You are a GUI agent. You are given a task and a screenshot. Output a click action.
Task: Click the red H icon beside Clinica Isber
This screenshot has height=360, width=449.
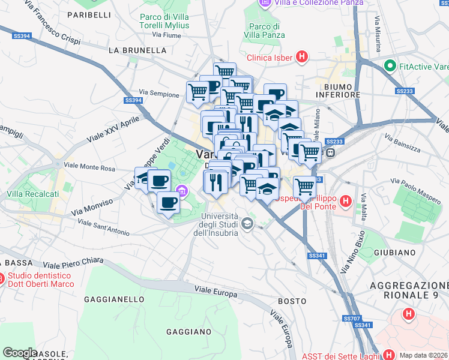(302, 58)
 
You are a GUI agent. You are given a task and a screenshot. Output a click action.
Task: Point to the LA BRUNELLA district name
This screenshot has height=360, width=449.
(137, 50)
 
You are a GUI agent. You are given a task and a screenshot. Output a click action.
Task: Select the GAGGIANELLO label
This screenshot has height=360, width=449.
(112, 298)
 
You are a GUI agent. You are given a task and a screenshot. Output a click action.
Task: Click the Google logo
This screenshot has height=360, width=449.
(19, 352)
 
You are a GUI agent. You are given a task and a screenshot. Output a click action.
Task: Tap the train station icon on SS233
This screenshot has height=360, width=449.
(331, 152)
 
